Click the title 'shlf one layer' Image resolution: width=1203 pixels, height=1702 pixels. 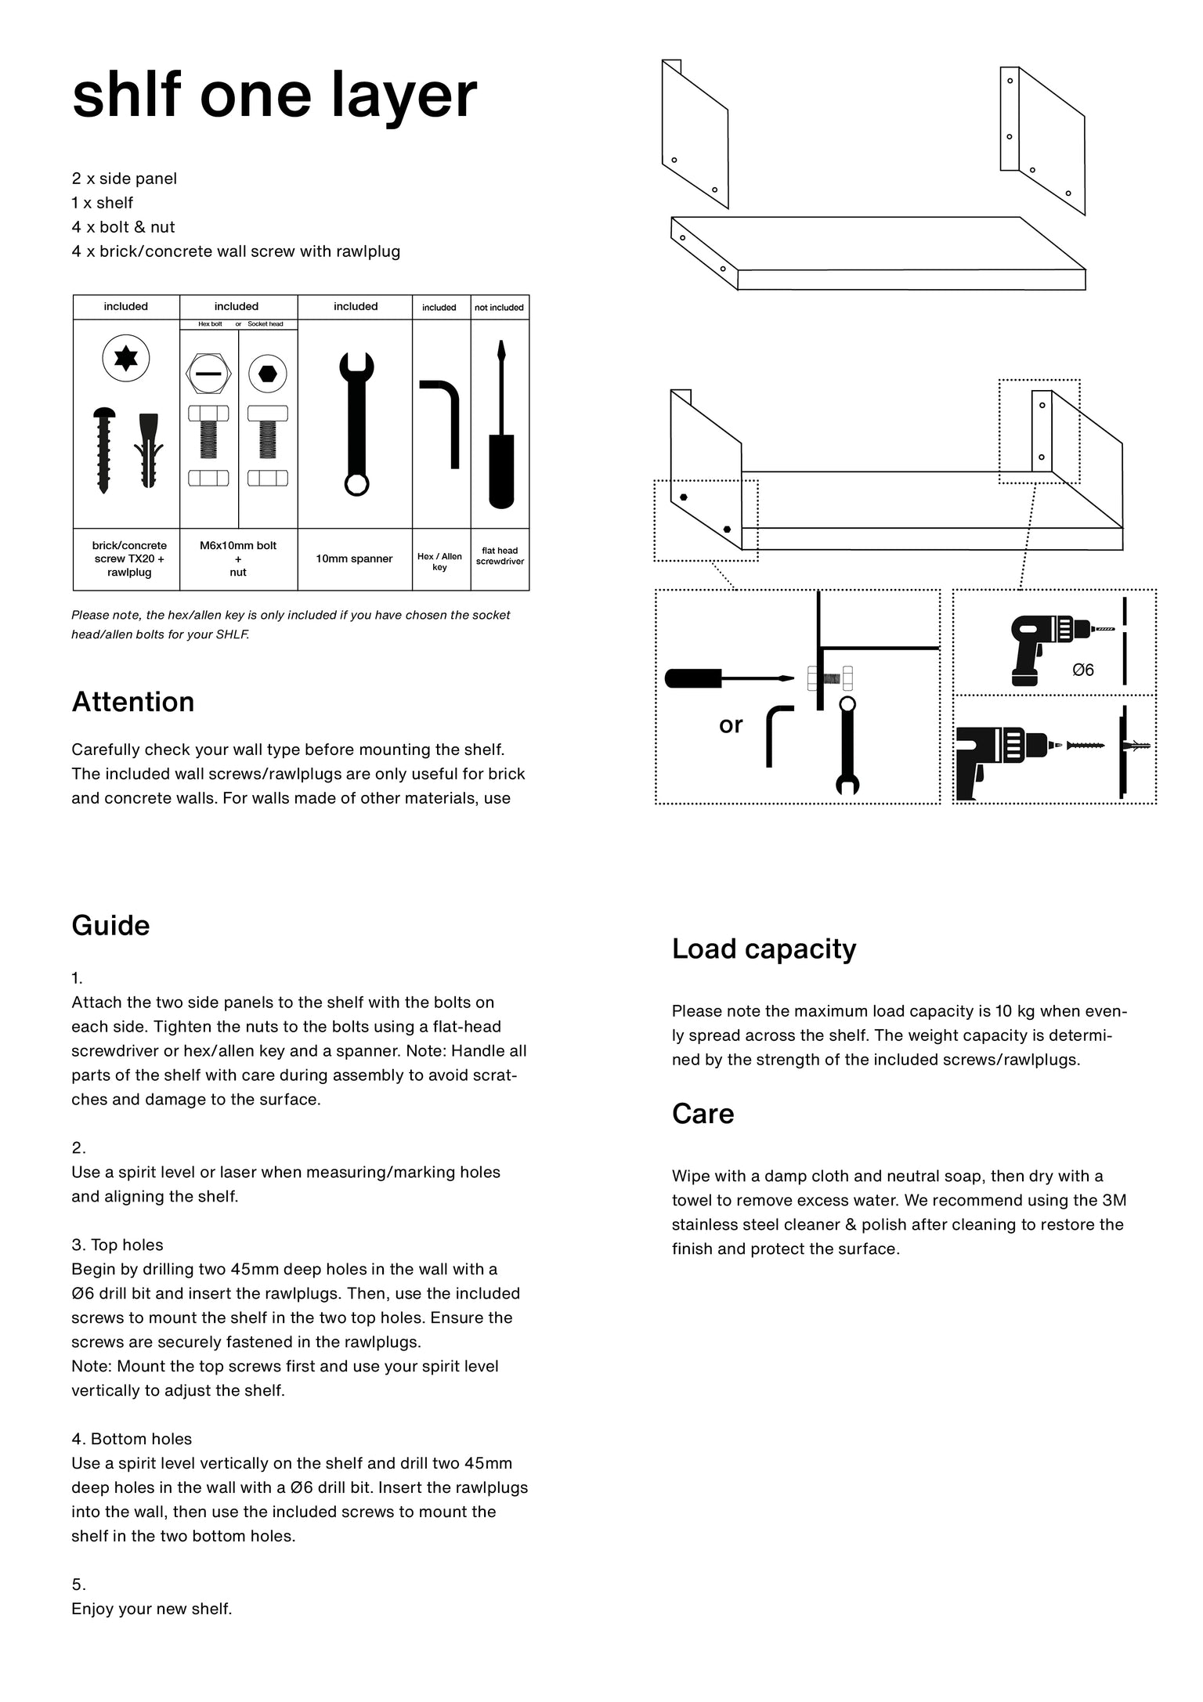click(274, 96)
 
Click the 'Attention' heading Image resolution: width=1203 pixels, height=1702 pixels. click(133, 702)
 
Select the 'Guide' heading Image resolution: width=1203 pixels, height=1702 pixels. click(110, 925)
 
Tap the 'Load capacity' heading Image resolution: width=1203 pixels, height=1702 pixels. click(764, 949)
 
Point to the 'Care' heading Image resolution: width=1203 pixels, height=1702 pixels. click(703, 1113)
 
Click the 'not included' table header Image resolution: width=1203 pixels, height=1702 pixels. click(499, 307)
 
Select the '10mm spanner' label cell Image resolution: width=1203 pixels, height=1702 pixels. click(354, 558)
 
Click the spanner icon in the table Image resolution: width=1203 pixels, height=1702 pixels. click(356, 423)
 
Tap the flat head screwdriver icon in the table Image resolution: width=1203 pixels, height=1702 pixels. click(500, 427)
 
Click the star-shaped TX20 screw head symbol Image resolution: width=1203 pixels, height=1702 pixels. click(126, 359)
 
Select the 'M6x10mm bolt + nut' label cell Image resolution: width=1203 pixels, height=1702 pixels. click(238, 558)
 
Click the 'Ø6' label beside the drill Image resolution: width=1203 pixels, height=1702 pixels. click(1082, 670)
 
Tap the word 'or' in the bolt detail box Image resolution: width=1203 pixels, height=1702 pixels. click(730, 725)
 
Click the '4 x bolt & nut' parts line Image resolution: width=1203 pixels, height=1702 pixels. click(123, 227)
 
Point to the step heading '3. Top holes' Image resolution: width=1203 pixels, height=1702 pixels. click(117, 1245)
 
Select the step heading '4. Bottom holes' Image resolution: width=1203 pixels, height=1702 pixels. click(132, 1438)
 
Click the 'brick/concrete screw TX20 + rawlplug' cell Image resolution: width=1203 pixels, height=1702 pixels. click(129, 558)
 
